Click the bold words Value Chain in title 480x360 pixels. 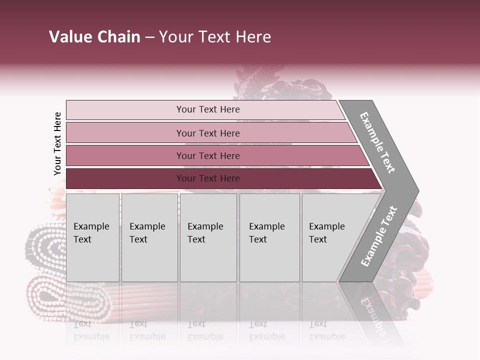94,37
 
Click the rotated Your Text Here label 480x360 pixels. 57,144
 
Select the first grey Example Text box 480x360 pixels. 92,237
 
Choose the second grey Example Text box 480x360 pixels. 149,237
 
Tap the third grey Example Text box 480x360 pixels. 208,237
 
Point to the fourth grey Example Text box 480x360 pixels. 269,237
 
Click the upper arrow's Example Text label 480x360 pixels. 377,142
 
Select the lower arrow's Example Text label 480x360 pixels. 379,236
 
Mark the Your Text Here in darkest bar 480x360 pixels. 208,178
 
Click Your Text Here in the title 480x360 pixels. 215,37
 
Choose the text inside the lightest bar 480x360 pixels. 208,109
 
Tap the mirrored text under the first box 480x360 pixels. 91,330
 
